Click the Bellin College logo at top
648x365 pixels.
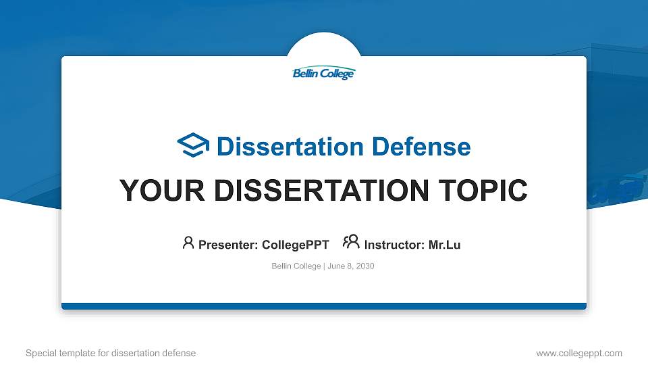(x=323, y=74)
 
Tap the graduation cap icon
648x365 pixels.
(x=194, y=145)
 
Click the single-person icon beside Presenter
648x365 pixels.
(x=188, y=243)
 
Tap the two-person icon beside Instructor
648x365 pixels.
(x=351, y=243)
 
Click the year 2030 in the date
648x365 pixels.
(x=364, y=266)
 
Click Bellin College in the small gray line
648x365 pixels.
(x=296, y=266)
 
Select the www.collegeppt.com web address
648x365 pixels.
(x=578, y=353)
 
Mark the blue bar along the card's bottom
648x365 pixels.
(x=324, y=306)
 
